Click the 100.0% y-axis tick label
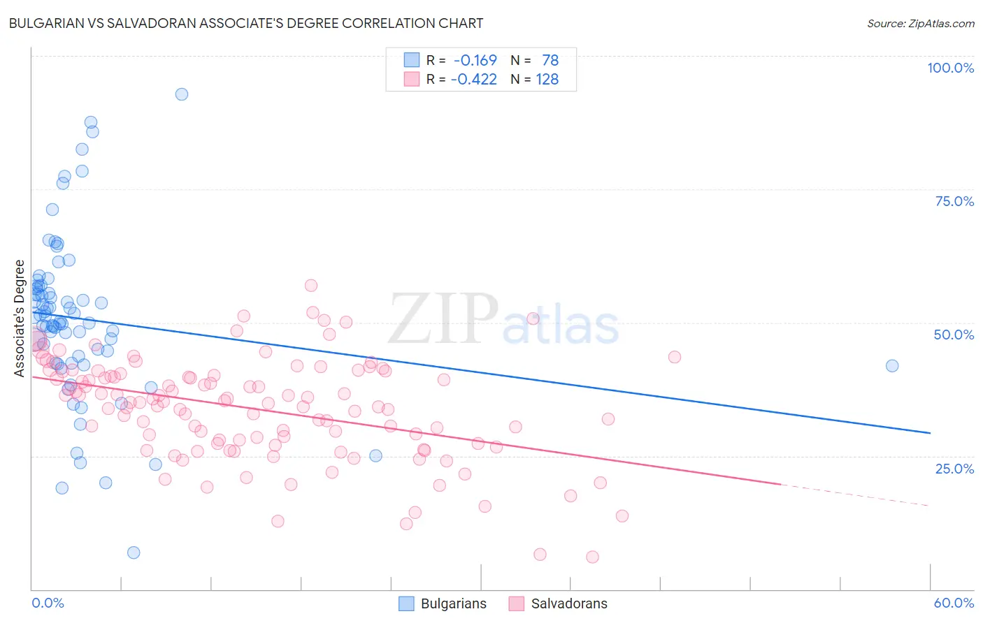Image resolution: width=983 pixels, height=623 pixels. (x=950, y=68)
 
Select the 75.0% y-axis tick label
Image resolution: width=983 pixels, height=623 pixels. (x=954, y=201)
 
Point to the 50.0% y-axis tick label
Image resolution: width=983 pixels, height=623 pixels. (x=954, y=335)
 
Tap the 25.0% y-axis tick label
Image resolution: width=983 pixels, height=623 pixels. (x=954, y=469)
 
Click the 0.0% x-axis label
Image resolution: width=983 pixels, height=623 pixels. (x=48, y=603)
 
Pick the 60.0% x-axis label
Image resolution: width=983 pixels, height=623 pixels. (x=954, y=603)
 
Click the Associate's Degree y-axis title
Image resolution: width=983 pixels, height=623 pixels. (x=20, y=318)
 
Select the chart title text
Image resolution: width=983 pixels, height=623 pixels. (x=245, y=23)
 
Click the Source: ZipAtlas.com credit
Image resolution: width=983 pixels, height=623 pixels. (x=920, y=23)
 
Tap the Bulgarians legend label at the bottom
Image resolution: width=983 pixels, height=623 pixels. (x=453, y=603)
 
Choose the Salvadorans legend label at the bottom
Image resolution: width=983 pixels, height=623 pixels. (x=569, y=603)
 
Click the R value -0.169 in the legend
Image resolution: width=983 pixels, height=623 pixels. (x=475, y=60)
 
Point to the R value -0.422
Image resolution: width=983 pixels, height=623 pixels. (x=473, y=79)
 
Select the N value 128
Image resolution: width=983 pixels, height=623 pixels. (x=547, y=79)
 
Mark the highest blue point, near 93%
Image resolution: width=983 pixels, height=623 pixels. (x=182, y=94)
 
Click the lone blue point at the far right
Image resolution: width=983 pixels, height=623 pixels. (x=892, y=366)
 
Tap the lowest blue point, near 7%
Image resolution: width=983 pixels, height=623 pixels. (x=134, y=552)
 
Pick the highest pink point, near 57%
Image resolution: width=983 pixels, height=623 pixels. (x=311, y=286)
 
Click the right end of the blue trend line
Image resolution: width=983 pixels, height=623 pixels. (x=930, y=433)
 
